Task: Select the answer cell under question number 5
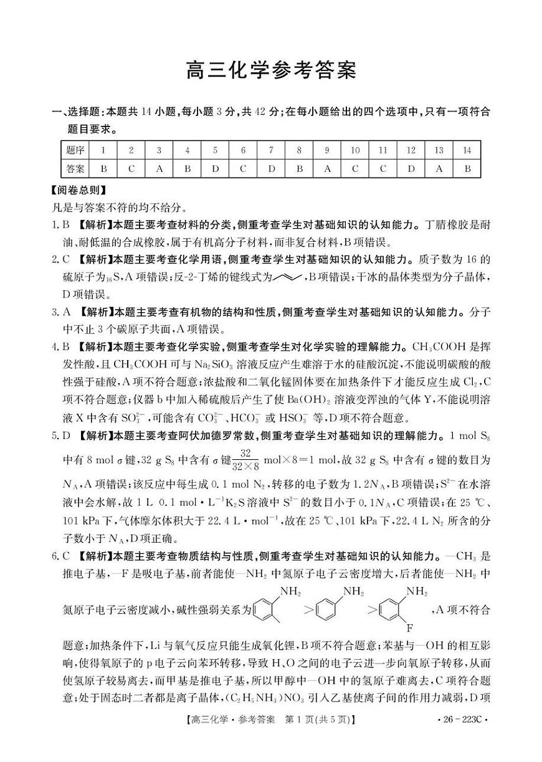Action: tap(215, 168)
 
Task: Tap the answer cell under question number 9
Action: tap(327, 168)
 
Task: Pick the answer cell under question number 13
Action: tap(439, 168)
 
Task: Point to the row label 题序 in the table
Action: tap(75, 150)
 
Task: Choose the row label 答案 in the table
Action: tap(75, 168)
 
